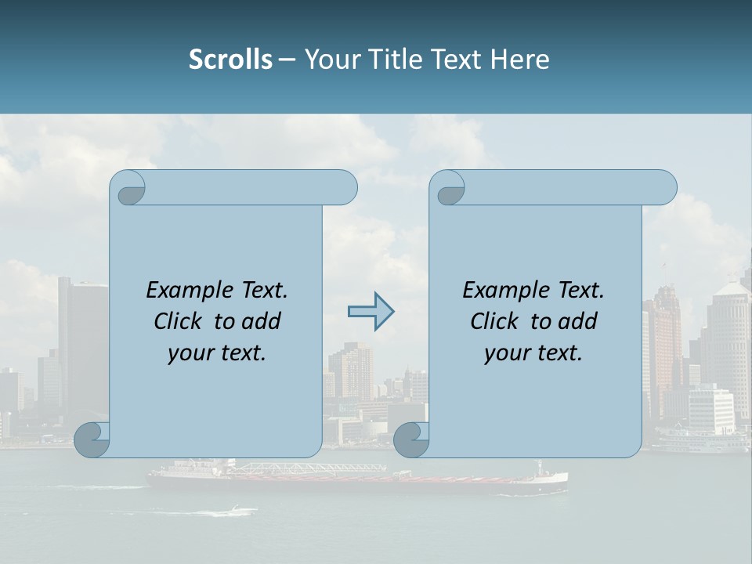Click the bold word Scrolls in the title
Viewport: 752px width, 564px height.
(230, 60)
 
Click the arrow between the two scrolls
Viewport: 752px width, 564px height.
(371, 312)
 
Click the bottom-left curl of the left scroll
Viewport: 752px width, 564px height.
(92, 440)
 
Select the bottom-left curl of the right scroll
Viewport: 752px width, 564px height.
(411, 440)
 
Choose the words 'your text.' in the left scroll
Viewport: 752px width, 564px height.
(217, 352)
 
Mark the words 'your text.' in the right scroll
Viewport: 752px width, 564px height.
(533, 352)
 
